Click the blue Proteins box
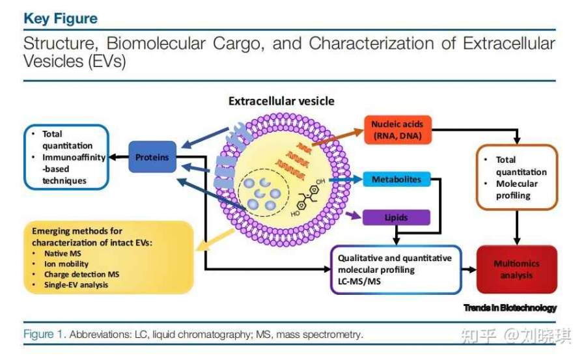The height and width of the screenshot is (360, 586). [x=152, y=157]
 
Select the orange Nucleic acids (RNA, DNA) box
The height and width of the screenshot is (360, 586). [x=397, y=129]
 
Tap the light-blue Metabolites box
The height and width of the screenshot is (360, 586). [x=397, y=179]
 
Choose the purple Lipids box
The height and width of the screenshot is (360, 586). [x=397, y=217]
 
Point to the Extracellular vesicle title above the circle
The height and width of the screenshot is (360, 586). [x=281, y=102]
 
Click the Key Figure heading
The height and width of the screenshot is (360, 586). [x=61, y=18]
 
